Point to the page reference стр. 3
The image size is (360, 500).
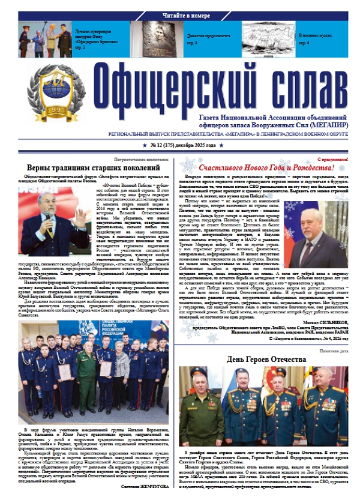[x=192, y=44]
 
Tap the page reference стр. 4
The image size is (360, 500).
[x=304, y=44]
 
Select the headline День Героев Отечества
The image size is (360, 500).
[x=266, y=360]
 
